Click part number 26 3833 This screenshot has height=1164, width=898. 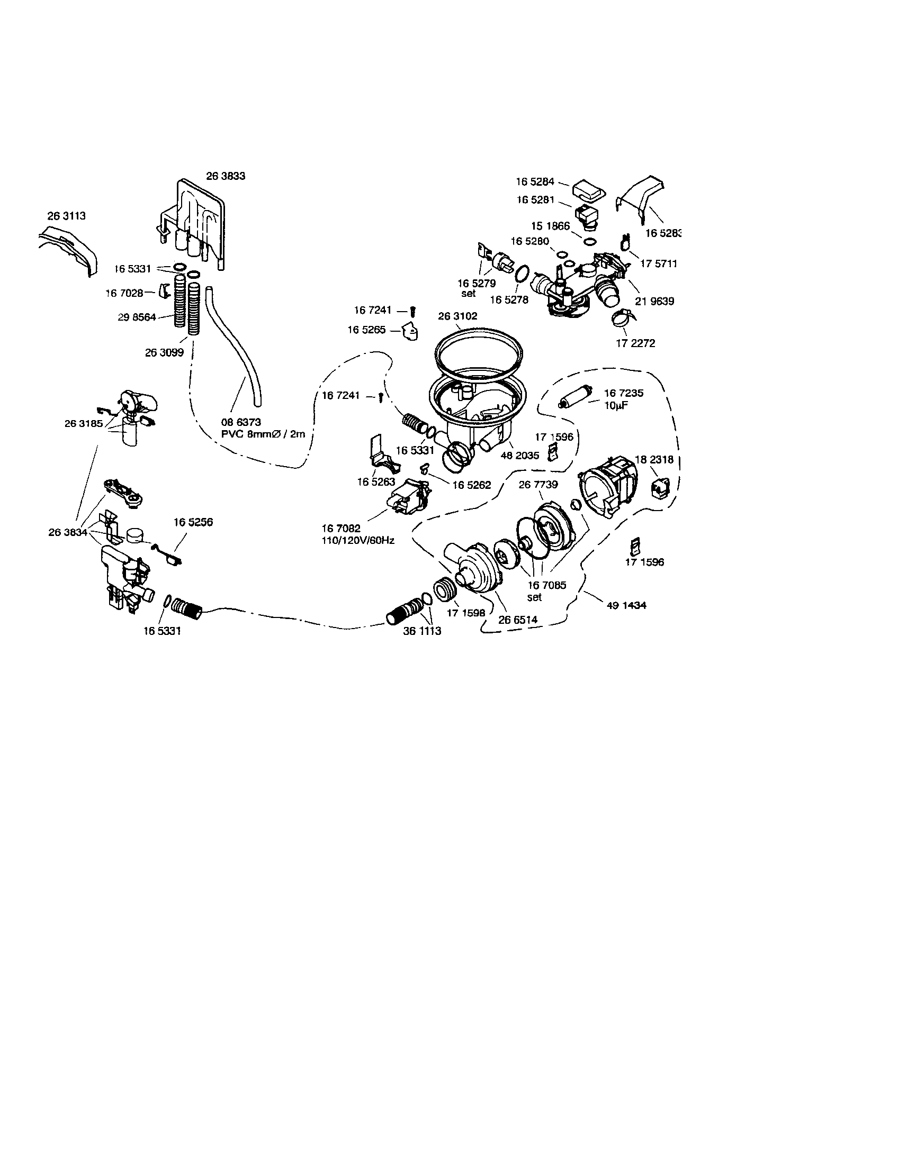[226, 176]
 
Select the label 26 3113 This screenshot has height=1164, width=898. [67, 216]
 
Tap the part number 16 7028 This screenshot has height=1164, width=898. [124, 293]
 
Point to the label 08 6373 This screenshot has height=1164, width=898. [241, 423]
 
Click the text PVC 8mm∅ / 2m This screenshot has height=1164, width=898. [264, 434]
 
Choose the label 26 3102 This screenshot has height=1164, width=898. [457, 316]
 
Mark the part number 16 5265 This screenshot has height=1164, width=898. [366, 330]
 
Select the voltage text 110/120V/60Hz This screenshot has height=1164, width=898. [358, 540]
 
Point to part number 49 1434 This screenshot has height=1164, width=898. [626, 605]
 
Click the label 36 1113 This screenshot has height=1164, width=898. [423, 631]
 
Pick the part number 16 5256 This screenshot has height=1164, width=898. [193, 522]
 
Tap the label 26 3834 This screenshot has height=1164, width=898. [68, 532]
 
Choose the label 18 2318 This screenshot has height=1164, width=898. [654, 459]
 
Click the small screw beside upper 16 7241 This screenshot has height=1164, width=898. [413, 310]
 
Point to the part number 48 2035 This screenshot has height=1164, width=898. [520, 456]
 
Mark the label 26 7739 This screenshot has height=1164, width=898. [538, 485]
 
